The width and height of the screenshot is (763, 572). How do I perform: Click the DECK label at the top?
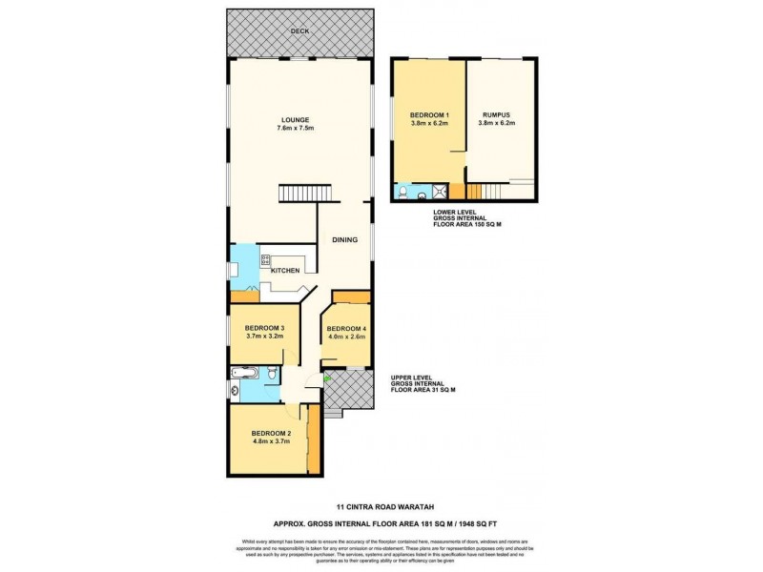pos(301,31)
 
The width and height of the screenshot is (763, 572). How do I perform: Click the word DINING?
pos(344,240)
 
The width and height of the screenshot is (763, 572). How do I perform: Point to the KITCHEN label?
pos(286,271)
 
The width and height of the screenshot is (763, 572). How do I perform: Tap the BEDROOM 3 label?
pos(265,328)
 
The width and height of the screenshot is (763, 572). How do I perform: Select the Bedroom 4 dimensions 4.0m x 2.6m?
pos(347,337)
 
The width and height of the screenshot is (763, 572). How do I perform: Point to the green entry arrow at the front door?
pos(326,380)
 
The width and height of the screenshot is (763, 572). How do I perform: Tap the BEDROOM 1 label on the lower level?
pos(429,115)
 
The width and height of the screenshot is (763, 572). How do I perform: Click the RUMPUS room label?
pos(497,115)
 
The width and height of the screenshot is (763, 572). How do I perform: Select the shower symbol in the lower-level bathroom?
pos(400,192)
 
